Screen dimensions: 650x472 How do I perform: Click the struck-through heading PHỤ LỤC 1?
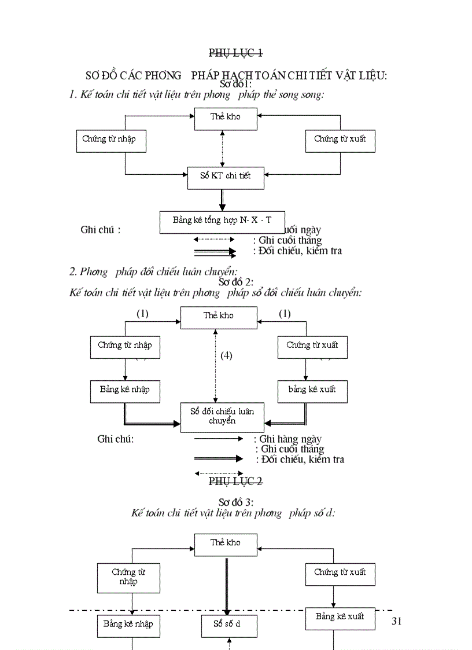pos(235,53)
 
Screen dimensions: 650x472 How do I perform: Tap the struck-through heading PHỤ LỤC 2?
pos(235,481)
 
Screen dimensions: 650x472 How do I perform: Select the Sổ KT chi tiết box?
pos(226,177)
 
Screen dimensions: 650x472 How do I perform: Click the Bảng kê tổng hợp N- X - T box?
pos(222,222)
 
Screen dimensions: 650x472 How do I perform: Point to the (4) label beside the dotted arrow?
pos(226,355)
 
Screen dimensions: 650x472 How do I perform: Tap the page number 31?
pos(396,622)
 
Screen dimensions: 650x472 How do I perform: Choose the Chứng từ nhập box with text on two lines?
pos(128,577)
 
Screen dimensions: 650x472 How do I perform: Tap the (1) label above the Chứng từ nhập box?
pos(142,314)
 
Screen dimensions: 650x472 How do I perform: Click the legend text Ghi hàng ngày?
pos(290,439)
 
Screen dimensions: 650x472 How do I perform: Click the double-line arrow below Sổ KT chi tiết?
pos(222,200)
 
